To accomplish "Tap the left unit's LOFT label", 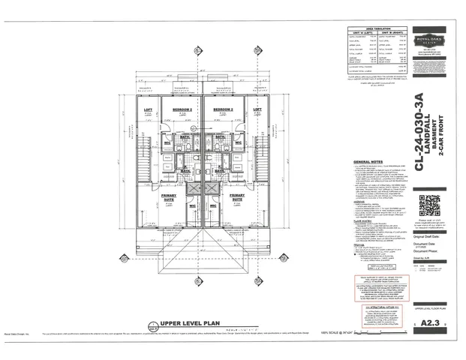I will (149, 109).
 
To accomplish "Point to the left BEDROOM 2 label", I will (181, 109).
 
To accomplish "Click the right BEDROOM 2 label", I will (223, 109).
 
